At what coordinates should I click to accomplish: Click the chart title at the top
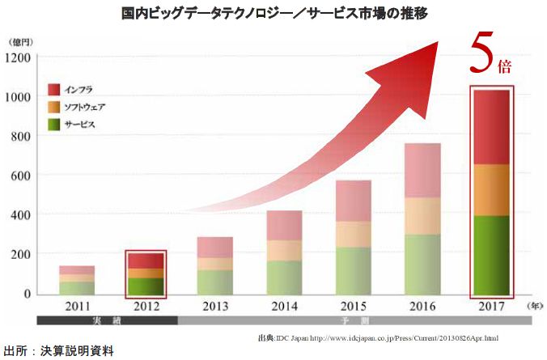[273, 13]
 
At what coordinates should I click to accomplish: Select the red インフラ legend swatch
[53, 89]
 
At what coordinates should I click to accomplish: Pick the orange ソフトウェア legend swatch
[53, 107]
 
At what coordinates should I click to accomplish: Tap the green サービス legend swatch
[53, 125]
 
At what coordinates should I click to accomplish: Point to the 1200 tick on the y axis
[18, 57]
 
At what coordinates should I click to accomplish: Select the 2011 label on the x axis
[76, 307]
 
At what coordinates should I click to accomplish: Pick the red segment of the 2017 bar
[491, 127]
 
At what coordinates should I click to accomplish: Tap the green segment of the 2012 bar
[145, 285]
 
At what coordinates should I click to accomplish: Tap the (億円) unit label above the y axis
[20, 40]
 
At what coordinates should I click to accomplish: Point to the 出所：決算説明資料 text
[58, 351]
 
